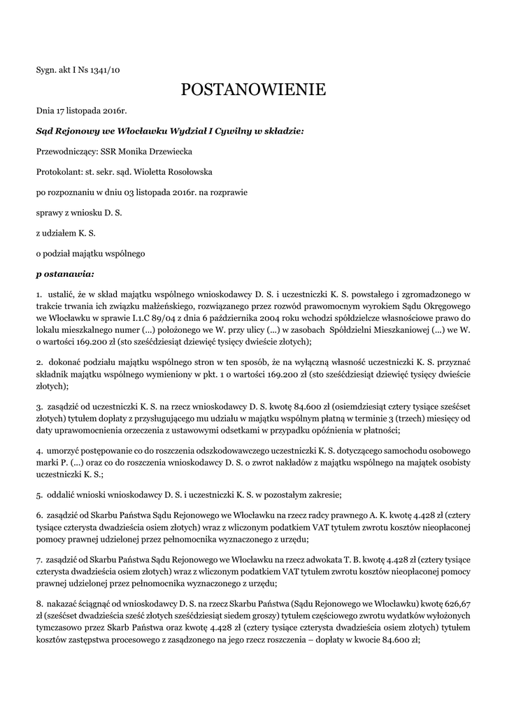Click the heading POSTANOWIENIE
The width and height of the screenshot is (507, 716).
(x=253, y=89)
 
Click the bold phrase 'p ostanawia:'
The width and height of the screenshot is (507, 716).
(x=65, y=273)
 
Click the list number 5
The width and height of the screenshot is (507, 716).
(x=38, y=495)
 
